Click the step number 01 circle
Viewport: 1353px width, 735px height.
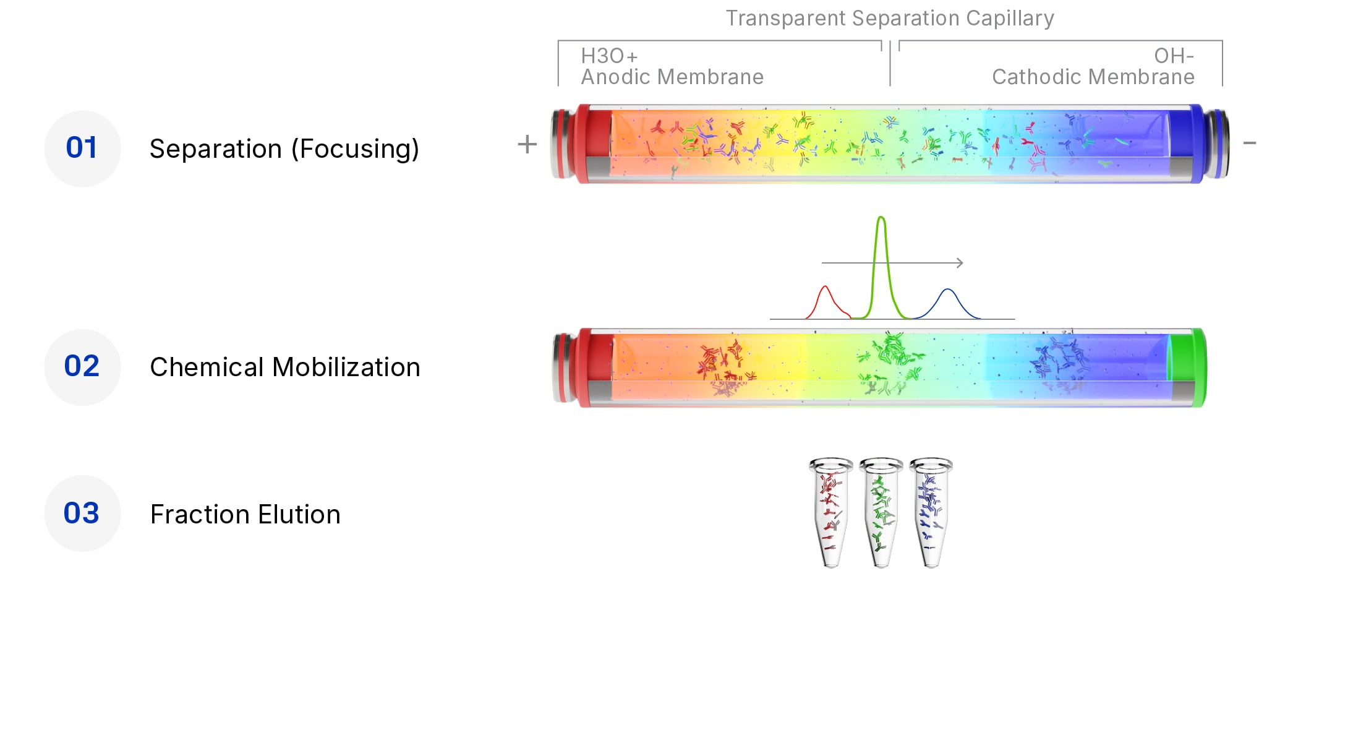tap(82, 148)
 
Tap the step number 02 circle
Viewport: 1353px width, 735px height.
tap(82, 367)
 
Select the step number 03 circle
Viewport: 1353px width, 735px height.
tap(82, 514)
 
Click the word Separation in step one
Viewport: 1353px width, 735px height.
tap(216, 149)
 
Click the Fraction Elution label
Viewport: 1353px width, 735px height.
tap(245, 515)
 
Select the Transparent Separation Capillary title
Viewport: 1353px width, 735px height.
tap(889, 19)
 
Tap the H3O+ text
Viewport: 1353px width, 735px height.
tap(608, 56)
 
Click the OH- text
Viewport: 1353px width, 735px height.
tap(1173, 56)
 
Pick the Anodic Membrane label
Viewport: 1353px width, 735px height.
tap(672, 77)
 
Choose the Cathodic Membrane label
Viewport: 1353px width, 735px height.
tap(1093, 77)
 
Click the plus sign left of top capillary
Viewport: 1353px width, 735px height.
tap(527, 145)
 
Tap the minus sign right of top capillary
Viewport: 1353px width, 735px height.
tap(1249, 144)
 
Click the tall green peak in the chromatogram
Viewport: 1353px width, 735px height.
tap(881, 247)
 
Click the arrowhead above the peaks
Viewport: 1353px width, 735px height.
tap(960, 263)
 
